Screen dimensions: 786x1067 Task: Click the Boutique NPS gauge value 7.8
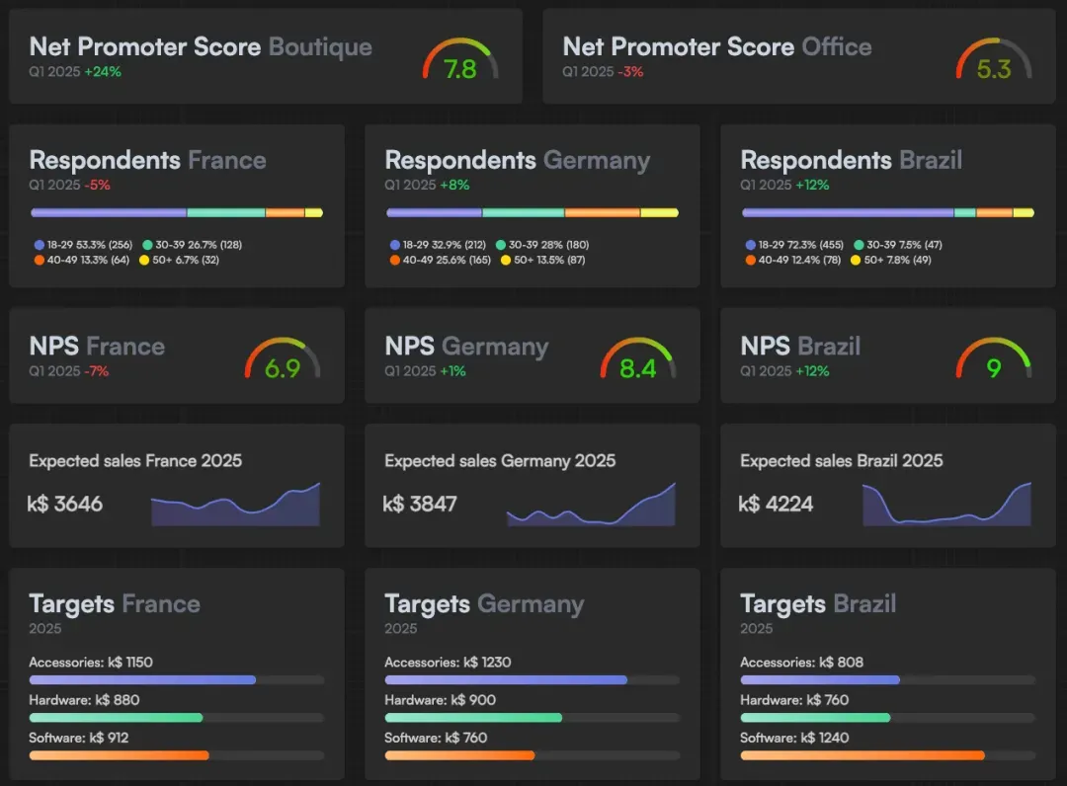click(x=460, y=69)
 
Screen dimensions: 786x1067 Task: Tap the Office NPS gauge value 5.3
click(x=994, y=69)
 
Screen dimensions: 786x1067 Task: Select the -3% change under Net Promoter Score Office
click(x=630, y=72)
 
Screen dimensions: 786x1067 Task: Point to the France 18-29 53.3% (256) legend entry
click(x=83, y=244)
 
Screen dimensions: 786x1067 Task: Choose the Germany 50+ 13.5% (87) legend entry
click(x=544, y=260)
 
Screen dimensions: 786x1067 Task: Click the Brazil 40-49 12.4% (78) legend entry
click(x=793, y=260)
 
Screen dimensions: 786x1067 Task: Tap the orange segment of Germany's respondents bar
click(x=603, y=212)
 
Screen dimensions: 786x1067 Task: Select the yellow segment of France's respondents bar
click(x=313, y=212)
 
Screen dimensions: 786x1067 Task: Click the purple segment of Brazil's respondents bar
click(x=847, y=212)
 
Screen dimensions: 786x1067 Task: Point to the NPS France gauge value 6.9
click(x=283, y=369)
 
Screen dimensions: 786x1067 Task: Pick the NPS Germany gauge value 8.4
click(x=638, y=369)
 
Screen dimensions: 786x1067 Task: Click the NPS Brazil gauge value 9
click(x=994, y=369)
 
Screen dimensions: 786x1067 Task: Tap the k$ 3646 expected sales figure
click(x=65, y=504)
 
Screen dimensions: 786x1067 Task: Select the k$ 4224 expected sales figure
click(x=777, y=504)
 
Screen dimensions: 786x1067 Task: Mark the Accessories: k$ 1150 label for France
click(x=91, y=662)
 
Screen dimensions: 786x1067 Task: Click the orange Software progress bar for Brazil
click(x=862, y=755)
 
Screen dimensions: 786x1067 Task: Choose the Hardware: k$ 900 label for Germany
click(x=441, y=699)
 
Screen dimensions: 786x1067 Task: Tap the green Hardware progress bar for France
click(x=116, y=718)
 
